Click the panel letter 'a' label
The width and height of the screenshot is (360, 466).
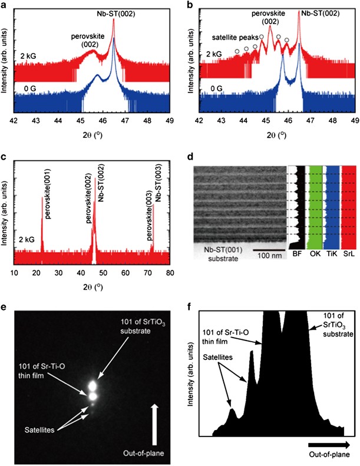(4, 5)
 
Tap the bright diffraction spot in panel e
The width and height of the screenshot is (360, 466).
(93, 386)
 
